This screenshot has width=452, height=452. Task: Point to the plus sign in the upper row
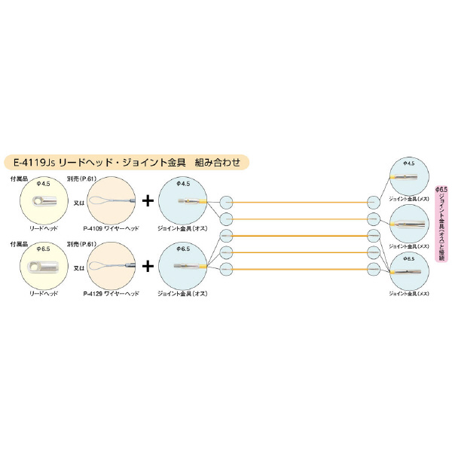148,201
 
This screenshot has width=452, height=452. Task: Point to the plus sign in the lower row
148,266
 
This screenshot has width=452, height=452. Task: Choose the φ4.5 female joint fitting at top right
410,179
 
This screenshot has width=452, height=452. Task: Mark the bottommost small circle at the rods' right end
372,268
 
